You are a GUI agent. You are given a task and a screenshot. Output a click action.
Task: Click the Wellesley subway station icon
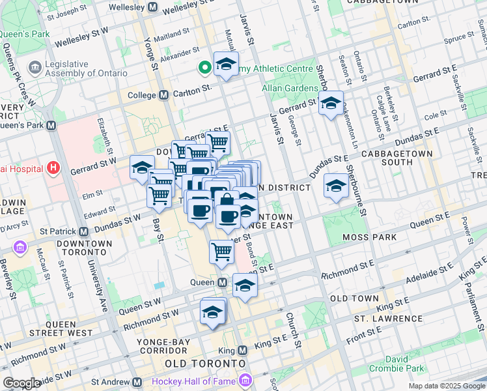pyautogui.click(x=152, y=7)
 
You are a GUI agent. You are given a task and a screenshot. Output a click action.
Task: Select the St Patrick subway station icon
pyautogui.click(x=84, y=231)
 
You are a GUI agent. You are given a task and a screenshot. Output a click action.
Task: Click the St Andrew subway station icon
pyautogui.click(x=137, y=382)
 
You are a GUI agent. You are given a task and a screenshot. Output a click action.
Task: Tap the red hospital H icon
pyautogui.click(x=54, y=169)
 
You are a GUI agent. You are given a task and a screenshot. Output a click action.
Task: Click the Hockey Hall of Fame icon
pyautogui.click(x=245, y=380)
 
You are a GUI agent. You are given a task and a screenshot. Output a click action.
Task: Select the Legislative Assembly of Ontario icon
pyautogui.click(x=35, y=67)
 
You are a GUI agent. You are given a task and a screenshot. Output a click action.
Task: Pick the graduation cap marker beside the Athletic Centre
pyautogui.click(x=225, y=64)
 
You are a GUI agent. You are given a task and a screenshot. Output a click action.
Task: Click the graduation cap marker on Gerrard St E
pyautogui.click(x=331, y=103)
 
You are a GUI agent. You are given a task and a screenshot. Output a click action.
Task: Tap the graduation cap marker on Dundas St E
pyautogui.click(x=336, y=186)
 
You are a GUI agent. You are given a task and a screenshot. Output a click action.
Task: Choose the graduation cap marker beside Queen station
pyautogui.click(x=245, y=285)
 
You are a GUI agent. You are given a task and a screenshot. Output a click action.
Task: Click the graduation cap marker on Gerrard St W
pyautogui.click(x=142, y=168)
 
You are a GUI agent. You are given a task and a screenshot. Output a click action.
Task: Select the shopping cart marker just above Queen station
pyautogui.click(x=221, y=252)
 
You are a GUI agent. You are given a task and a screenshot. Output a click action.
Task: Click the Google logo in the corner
pyautogui.click(x=21, y=383)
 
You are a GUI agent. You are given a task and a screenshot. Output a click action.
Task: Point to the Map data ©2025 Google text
pyautogui.click(x=446, y=386)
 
